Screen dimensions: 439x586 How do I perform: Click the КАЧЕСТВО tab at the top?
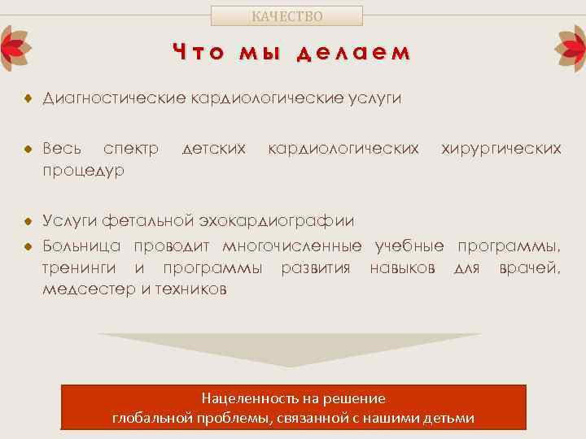[x=286, y=15]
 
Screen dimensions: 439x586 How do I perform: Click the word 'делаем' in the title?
[x=353, y=53]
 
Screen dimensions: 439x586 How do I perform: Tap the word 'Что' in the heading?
[x=198, y=53]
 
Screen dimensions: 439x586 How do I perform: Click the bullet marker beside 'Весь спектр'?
[x=27, y=150]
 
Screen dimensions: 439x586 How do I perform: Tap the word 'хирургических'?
[x=501, y=149]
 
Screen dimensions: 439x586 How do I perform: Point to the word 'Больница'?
[x=82, y=246]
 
